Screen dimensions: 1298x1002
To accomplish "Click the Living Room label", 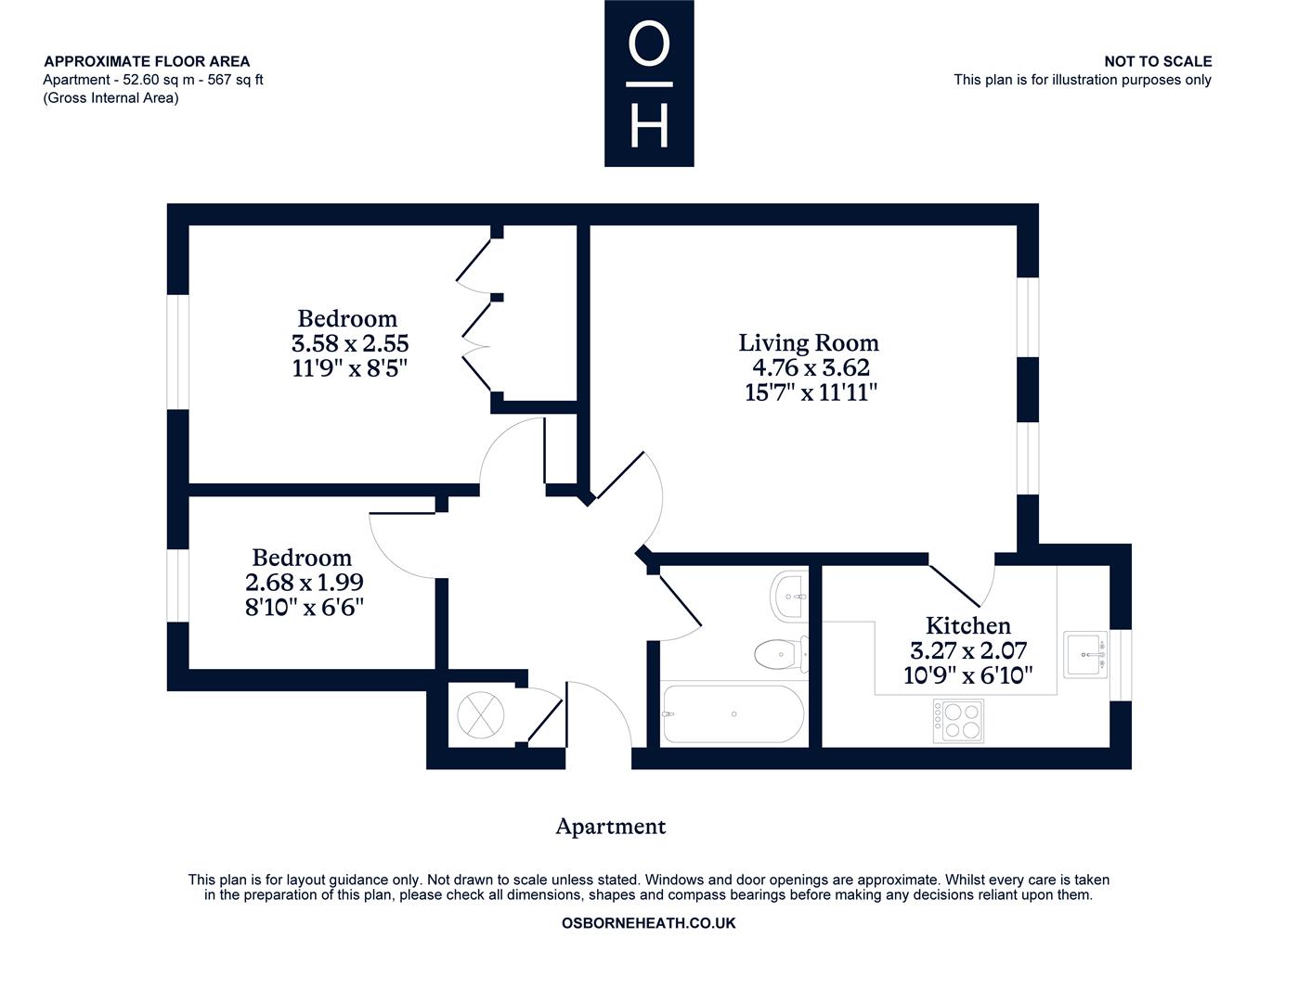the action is click(808, 342).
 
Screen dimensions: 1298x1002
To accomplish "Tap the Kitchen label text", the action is click(968, 625).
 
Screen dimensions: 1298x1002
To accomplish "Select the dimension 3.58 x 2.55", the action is click(350, 343).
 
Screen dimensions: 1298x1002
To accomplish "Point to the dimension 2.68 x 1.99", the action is click(304, 582).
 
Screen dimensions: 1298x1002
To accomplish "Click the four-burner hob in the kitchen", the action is click(958, 721).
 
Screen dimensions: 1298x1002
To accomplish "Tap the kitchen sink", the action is click(1085, 655).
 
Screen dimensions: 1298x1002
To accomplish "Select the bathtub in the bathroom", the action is click(733, 714).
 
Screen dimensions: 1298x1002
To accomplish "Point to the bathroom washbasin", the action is click(789, 597).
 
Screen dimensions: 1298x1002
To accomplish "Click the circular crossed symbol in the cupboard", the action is click(480, 715).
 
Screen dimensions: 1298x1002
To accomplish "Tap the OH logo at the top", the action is click(649, 83).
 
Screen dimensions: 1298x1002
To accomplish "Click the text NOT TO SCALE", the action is click(1158, 61).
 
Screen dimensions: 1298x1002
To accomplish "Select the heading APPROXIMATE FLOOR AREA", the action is click(147, 61).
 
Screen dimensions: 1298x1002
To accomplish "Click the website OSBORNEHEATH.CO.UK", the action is click(649, 923).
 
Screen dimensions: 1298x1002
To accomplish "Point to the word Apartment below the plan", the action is click(611, 827).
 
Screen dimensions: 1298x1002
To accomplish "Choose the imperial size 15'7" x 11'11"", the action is click(811, 392).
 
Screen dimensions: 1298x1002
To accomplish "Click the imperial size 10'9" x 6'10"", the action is click(967, 675).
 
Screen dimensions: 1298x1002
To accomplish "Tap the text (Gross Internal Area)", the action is click(110, 98).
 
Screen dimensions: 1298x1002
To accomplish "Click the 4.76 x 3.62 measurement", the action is click(811, 367).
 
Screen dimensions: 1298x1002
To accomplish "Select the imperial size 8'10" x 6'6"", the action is click(304, 608).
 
